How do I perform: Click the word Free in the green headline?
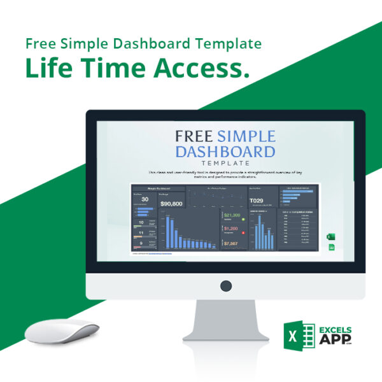pyautogui.click(x=39, y=44)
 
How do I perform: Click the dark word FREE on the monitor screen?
pyautogui.click(x=194, y=136)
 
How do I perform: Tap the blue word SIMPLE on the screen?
pyautogui.click(x=246, y=136)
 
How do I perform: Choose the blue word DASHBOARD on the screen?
pyautogui.click(x=225, y=152)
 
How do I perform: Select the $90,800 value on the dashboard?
pyautogui.click(x=171, y=204)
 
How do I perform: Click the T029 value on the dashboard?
pyautogui.click(x=256, y=201)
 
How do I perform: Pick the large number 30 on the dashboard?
pyautogui.click(x=145, y=199)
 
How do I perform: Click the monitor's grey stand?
pyautogui.click(x=225, y=322)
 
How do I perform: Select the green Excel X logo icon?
pyautogui.click(x=300, y=335)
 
